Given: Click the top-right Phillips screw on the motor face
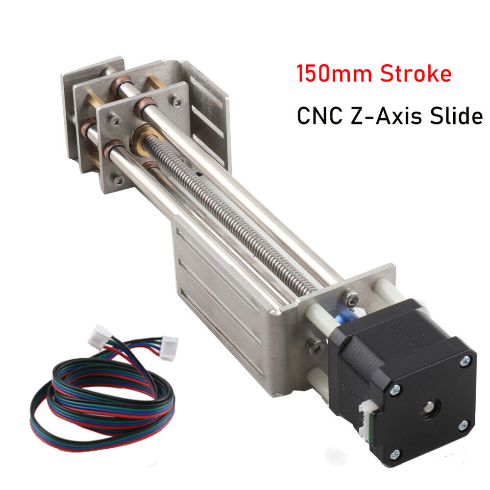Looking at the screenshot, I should point(464,362).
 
